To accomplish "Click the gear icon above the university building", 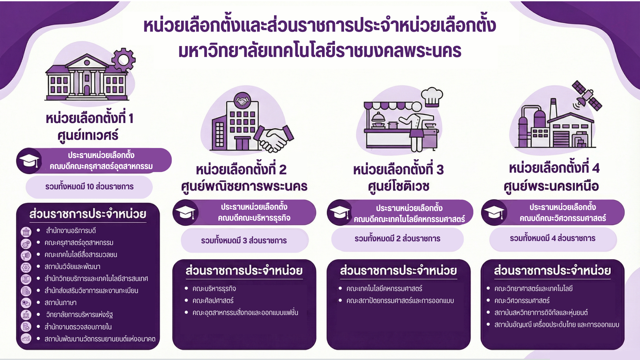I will [123, 60].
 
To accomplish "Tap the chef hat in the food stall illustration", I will [432, 97].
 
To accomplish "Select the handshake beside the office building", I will [275, 138].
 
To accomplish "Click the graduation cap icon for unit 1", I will [29, 161].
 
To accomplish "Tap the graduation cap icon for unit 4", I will [494, 212].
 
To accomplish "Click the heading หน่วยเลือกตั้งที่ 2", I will [241, 170].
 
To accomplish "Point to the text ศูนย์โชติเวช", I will [398, 186].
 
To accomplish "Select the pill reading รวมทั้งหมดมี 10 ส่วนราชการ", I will [89, 187].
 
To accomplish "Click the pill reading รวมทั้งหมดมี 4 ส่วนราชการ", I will [553, 238].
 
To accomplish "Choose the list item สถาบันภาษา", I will [61, 303].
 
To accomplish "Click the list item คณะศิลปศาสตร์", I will [213, 301].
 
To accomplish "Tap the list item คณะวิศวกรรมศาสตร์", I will [522, 301].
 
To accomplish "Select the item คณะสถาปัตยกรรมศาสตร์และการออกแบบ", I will [400, 301].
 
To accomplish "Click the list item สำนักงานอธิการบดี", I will [71, 231].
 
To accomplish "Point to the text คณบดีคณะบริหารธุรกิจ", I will [254, 218].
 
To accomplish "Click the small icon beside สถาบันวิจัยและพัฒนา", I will [26, 267].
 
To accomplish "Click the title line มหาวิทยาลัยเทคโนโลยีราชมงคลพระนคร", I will [320, 51].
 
